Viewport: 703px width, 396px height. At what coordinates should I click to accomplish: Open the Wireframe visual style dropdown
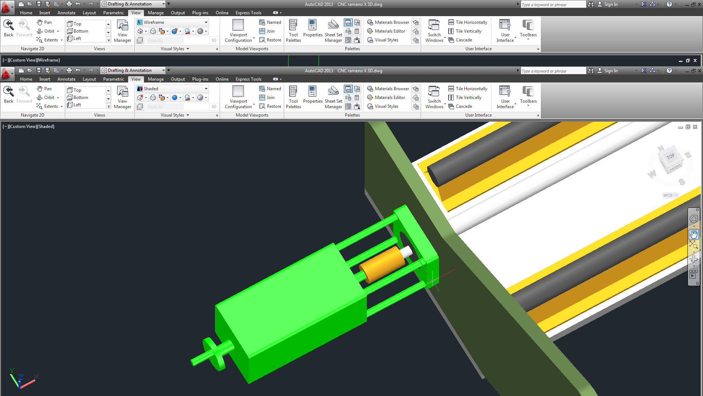point(172,22)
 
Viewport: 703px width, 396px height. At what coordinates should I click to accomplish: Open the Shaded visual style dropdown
point(172,89)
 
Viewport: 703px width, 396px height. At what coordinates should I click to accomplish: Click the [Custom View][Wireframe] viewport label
point(31,60)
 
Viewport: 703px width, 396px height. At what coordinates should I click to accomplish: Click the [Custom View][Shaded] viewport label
point(29,126)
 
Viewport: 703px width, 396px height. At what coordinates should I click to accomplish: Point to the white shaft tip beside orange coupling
point(407,252)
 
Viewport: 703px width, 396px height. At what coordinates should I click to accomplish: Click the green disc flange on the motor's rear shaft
point(214,354)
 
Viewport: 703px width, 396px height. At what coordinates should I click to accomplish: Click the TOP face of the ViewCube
point(670,157)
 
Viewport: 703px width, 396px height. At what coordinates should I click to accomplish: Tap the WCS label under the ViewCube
point(668,195)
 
